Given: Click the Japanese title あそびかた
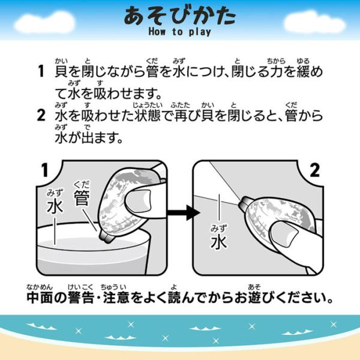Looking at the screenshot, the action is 180,16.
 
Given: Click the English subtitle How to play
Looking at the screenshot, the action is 180,32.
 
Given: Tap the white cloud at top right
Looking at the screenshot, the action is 314,22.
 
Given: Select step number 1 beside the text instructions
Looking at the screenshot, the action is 41,71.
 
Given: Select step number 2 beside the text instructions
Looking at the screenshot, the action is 41,115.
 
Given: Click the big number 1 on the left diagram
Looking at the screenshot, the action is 45,170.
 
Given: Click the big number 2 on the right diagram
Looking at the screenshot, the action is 314,170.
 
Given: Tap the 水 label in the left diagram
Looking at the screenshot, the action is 55,206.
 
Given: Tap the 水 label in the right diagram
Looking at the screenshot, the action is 219,242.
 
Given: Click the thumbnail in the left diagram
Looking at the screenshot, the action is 139,202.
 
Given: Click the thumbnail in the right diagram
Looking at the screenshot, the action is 284,234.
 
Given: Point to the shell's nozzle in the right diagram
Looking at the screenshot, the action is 245,203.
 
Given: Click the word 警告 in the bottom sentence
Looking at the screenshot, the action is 81,298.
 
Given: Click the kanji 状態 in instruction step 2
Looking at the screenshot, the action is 148,115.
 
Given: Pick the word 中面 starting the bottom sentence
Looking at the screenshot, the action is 40,298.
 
